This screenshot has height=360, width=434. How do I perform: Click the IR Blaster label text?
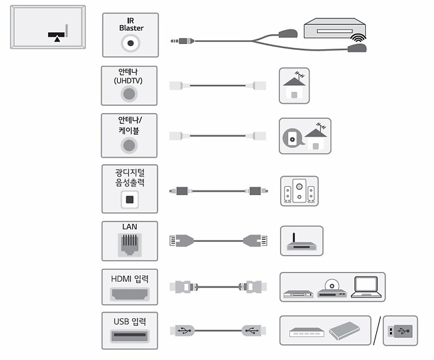tap(131, 24)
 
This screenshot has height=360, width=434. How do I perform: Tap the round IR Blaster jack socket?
tap(131, 44)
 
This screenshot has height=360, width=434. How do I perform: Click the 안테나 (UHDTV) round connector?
tap(130, 93)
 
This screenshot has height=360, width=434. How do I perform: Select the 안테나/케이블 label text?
tap(130, 125)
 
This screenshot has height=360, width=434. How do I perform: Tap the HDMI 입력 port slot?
tap(130, 294)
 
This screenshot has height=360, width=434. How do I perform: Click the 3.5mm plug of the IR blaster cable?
tap(181, 41)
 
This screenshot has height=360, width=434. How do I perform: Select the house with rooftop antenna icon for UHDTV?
tap(293, 85)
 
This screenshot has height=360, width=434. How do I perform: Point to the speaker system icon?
tap(299, 191)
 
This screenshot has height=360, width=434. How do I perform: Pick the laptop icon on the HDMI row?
tap(366, 287)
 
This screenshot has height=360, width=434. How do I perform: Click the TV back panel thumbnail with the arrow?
tap(48, 27)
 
